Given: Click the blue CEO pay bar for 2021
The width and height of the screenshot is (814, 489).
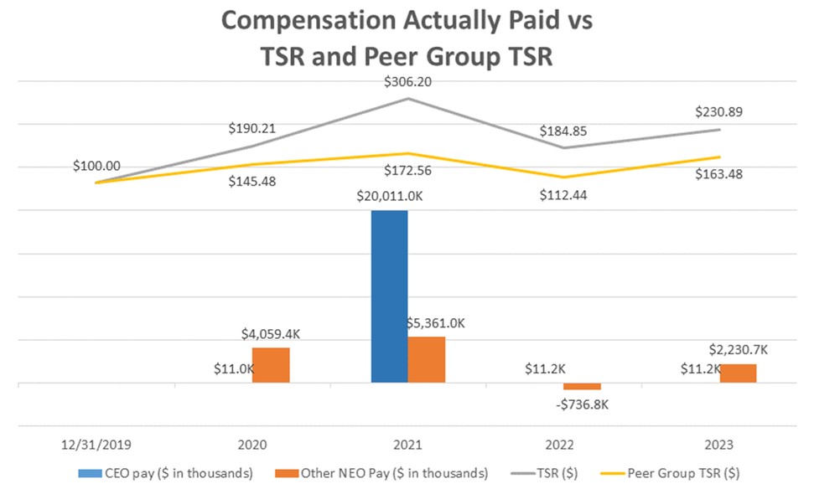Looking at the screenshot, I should (389, 296).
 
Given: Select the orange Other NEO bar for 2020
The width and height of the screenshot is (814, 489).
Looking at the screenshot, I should (271, 365).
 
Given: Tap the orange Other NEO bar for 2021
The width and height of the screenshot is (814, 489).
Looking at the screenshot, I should (427, 360).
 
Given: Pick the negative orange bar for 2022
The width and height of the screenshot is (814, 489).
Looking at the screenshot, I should (583, 386).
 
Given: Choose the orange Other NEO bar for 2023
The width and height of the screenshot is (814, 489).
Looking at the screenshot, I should (738, 373).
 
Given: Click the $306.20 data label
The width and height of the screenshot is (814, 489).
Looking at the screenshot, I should (408, 81).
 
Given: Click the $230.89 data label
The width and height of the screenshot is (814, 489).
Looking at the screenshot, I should (719, 112).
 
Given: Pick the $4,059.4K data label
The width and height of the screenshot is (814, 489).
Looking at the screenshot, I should (271, 333).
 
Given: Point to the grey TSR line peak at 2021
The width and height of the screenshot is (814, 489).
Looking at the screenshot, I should (408, 99).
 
